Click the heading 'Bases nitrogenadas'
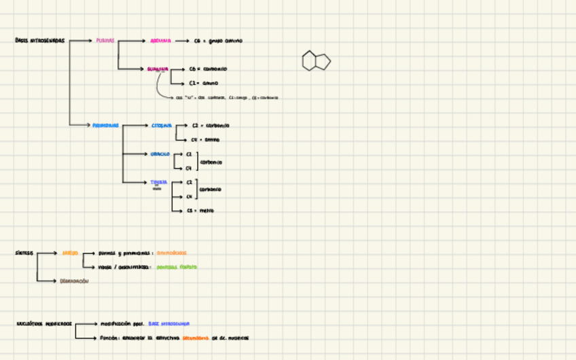40,41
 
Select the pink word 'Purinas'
105,41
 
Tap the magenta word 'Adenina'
161,41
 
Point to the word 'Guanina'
158,69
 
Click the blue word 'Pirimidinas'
106,126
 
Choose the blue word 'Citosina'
162,126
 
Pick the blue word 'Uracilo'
160,154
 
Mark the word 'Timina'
159,182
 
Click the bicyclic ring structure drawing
316,61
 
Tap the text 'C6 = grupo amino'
217,41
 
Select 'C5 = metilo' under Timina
200,211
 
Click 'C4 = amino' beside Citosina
205,140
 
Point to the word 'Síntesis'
24,253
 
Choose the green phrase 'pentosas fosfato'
177,267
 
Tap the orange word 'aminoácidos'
171,253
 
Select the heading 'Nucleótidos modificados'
44,324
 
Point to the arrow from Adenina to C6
181,41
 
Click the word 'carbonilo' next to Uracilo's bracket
211,162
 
